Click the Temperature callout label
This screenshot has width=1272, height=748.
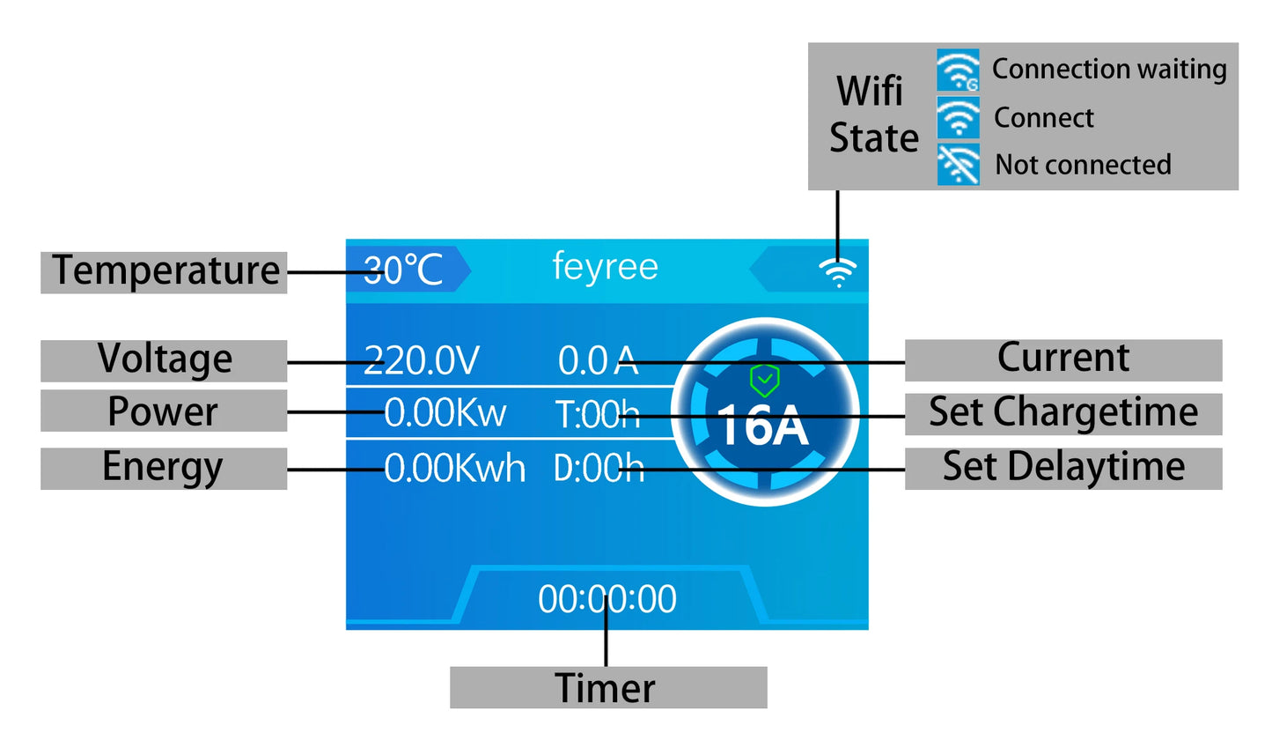[x=165, y=270]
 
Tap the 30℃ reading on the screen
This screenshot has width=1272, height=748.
[x=403, y=270]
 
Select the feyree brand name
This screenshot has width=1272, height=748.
[x=605, y=266]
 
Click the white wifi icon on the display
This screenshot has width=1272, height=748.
[x=837, y=272]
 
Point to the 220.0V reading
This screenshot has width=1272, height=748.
[x=422, y=360]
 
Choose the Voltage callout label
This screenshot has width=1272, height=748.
[x=165, y=359]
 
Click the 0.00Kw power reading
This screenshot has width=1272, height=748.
[x=445, y=412]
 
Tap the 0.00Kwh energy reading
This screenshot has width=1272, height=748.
[x=454, y=468]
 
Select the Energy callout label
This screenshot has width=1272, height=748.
[x=163, y=468]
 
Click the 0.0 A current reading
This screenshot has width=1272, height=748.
[x=598, y=360]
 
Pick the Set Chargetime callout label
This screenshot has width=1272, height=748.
[x=1062, y=412]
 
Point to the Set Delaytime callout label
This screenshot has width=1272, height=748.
[x=1062, y=467]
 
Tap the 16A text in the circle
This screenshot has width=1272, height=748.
[x=762, y=426]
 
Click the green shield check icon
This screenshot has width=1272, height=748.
[x=764, y=381]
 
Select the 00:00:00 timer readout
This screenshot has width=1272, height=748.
[x=607, y=599]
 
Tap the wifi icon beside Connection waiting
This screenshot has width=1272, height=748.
[x=958, y=70]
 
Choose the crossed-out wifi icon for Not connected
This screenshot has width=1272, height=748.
[x=958, y=165]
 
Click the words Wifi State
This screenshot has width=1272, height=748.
[x=872, y=115]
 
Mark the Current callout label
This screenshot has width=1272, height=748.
[x=1062, y=359]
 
